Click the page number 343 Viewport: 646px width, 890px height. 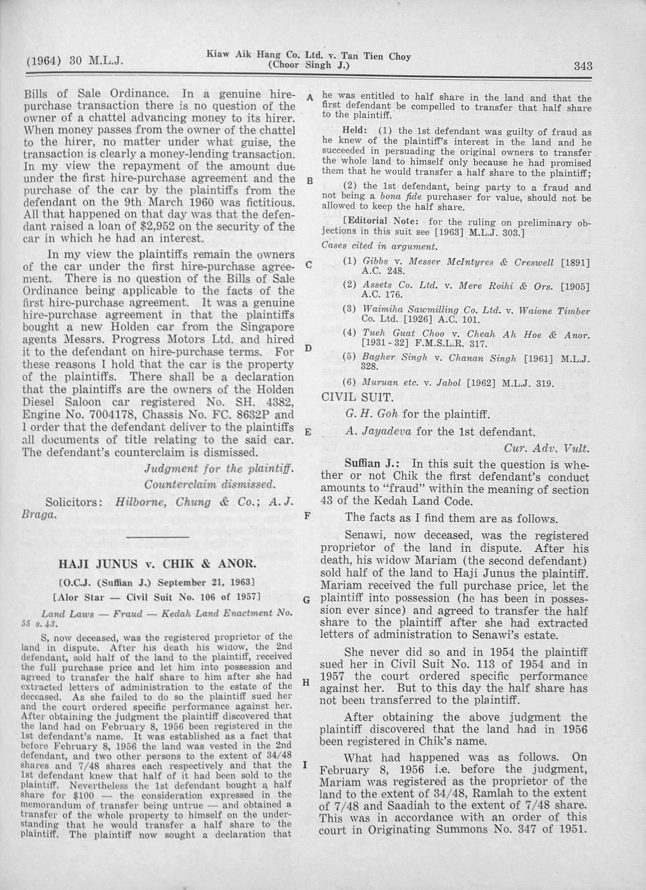tap(583, 66)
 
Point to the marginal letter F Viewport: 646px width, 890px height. tap(308, 515)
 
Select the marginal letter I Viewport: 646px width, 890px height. tap(305, 764)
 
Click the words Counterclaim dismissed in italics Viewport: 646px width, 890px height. tap(210, 485)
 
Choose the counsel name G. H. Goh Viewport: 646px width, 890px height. tap(372, 414)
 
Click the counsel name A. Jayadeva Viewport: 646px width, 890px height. tap(378, 432)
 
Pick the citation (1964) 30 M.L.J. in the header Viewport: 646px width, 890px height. tap(75, 62)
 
